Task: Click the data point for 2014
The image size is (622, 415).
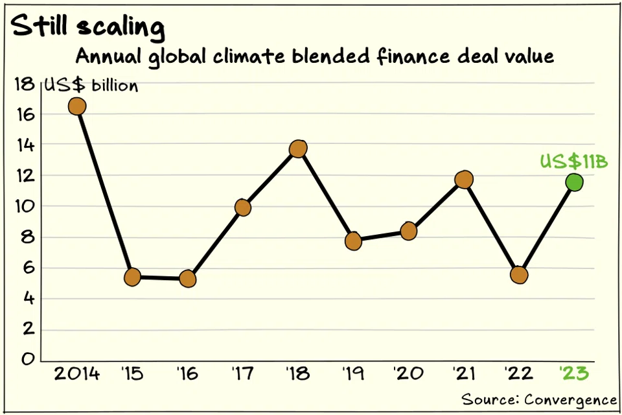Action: pos(77,106)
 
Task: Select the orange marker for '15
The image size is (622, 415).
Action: pos(132,277)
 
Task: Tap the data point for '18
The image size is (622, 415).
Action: pos(298,148)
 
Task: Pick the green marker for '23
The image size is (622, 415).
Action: pos(574,182)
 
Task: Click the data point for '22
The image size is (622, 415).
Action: pos(519,274)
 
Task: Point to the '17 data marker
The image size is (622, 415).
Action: pos(243,207)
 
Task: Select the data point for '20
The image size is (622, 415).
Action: pos(409,230)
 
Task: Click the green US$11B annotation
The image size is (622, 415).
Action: pos(574,162)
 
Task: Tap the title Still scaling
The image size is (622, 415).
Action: pos(88,27)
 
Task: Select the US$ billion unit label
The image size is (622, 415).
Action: pos(91,86)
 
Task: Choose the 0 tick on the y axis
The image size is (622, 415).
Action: pos(28,359)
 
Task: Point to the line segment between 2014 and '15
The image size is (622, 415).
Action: pos(105,192)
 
